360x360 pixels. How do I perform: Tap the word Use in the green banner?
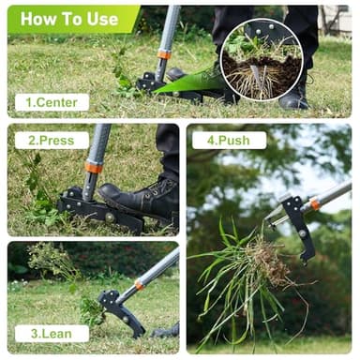pos(100,18)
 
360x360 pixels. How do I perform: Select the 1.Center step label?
pos(52,102)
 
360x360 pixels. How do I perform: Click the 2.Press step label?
pos(52,141)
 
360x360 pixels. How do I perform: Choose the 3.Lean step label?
pos(52,333)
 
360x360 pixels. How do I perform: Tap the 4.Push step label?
pos(229,141)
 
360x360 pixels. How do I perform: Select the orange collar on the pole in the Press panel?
pos(94,168)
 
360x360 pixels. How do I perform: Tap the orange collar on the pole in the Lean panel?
pos(139,284)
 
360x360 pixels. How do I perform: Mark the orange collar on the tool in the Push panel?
pos(316,203)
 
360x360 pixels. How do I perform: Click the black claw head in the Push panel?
pos(298,225)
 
